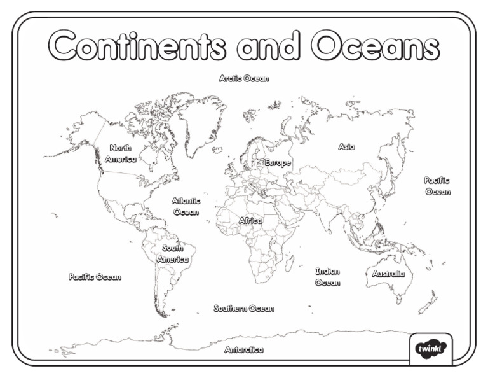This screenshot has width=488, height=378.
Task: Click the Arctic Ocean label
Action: [x=244, y=79]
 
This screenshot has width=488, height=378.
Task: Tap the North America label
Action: [x=120, y=154]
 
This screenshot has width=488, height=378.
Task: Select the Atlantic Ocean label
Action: [x=186, y=206]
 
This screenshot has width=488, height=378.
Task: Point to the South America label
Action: [x=173, y=254]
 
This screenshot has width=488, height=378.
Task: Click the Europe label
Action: [x=278, y=163]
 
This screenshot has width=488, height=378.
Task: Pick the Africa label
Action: [x=250, y=221]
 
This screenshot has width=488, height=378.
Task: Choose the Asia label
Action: [x=346, y=147]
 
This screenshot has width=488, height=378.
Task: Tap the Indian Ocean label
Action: [x=327, y=277]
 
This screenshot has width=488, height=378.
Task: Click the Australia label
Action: [x=388, y=274]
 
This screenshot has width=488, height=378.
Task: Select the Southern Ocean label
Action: [x=244, y=309]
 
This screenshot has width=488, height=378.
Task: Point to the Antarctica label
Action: [x=244, y=350]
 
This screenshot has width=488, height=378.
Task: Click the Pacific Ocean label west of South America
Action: [x=95, y=277]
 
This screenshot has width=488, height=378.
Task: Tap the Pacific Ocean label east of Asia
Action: [x=438, y=186]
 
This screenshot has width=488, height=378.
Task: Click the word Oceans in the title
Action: [x=375, y=46]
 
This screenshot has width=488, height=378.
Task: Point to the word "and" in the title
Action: [x=268, y=46]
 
